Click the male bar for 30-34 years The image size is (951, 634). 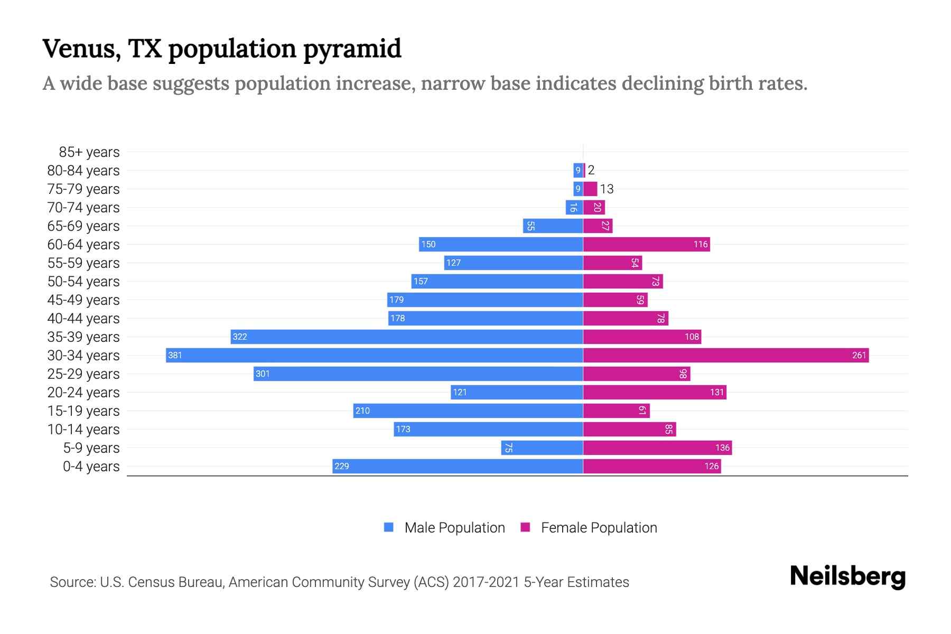[x=374, y=355]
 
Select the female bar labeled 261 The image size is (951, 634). [x=726, y=355]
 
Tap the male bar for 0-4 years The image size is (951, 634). [x=458, y=466]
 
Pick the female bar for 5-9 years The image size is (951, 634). [x=657, y=447]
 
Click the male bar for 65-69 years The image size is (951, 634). [x=553, y=226]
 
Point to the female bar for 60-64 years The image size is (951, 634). [x=646, y=244]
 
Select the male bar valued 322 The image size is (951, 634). [x=407, y=337]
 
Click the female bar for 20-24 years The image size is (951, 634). [x=655, y=392]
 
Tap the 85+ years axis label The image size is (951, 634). [x=89, y=152]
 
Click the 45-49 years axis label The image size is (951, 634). [x=83, y=300]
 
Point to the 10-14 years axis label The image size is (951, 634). [x=83, y=430]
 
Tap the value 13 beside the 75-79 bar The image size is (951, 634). [x=607, y=189]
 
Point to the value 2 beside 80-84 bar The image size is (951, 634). [x=591, y=170]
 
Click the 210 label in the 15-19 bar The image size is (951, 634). [x=362, y=411]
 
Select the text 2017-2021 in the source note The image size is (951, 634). [x=486, y=582]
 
